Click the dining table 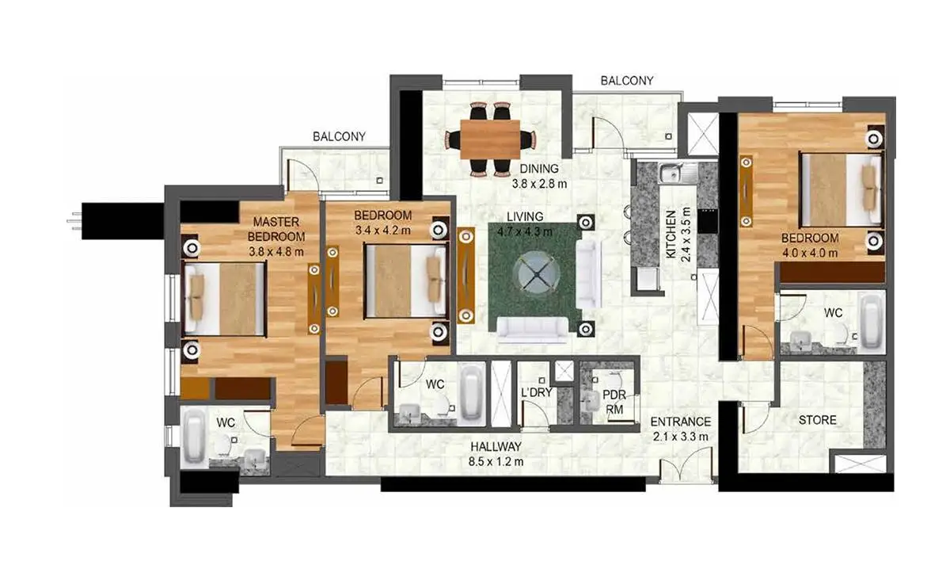[x=490, y=139]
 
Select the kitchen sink [x=678, y=173]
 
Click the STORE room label [x=817, y=420]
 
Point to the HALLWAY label [x=496, y=446]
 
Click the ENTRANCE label [x=680, y=422]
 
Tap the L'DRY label [x=537, y=392]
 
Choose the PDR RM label [x=614, y=402]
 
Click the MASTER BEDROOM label [x=276, y=229]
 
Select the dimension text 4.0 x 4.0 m [x=810, y=253]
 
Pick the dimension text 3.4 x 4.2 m [x=383, y=231]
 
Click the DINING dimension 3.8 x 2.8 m [x=539, y=184]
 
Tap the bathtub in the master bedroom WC [x=194, y=437]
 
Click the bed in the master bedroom [x=224, y=299]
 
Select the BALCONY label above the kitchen [x=627, y=81]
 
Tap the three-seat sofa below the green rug [x=532, y=330]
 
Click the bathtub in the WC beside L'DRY [x=473, y=393]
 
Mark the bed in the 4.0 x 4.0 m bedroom [x=841, y=189]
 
